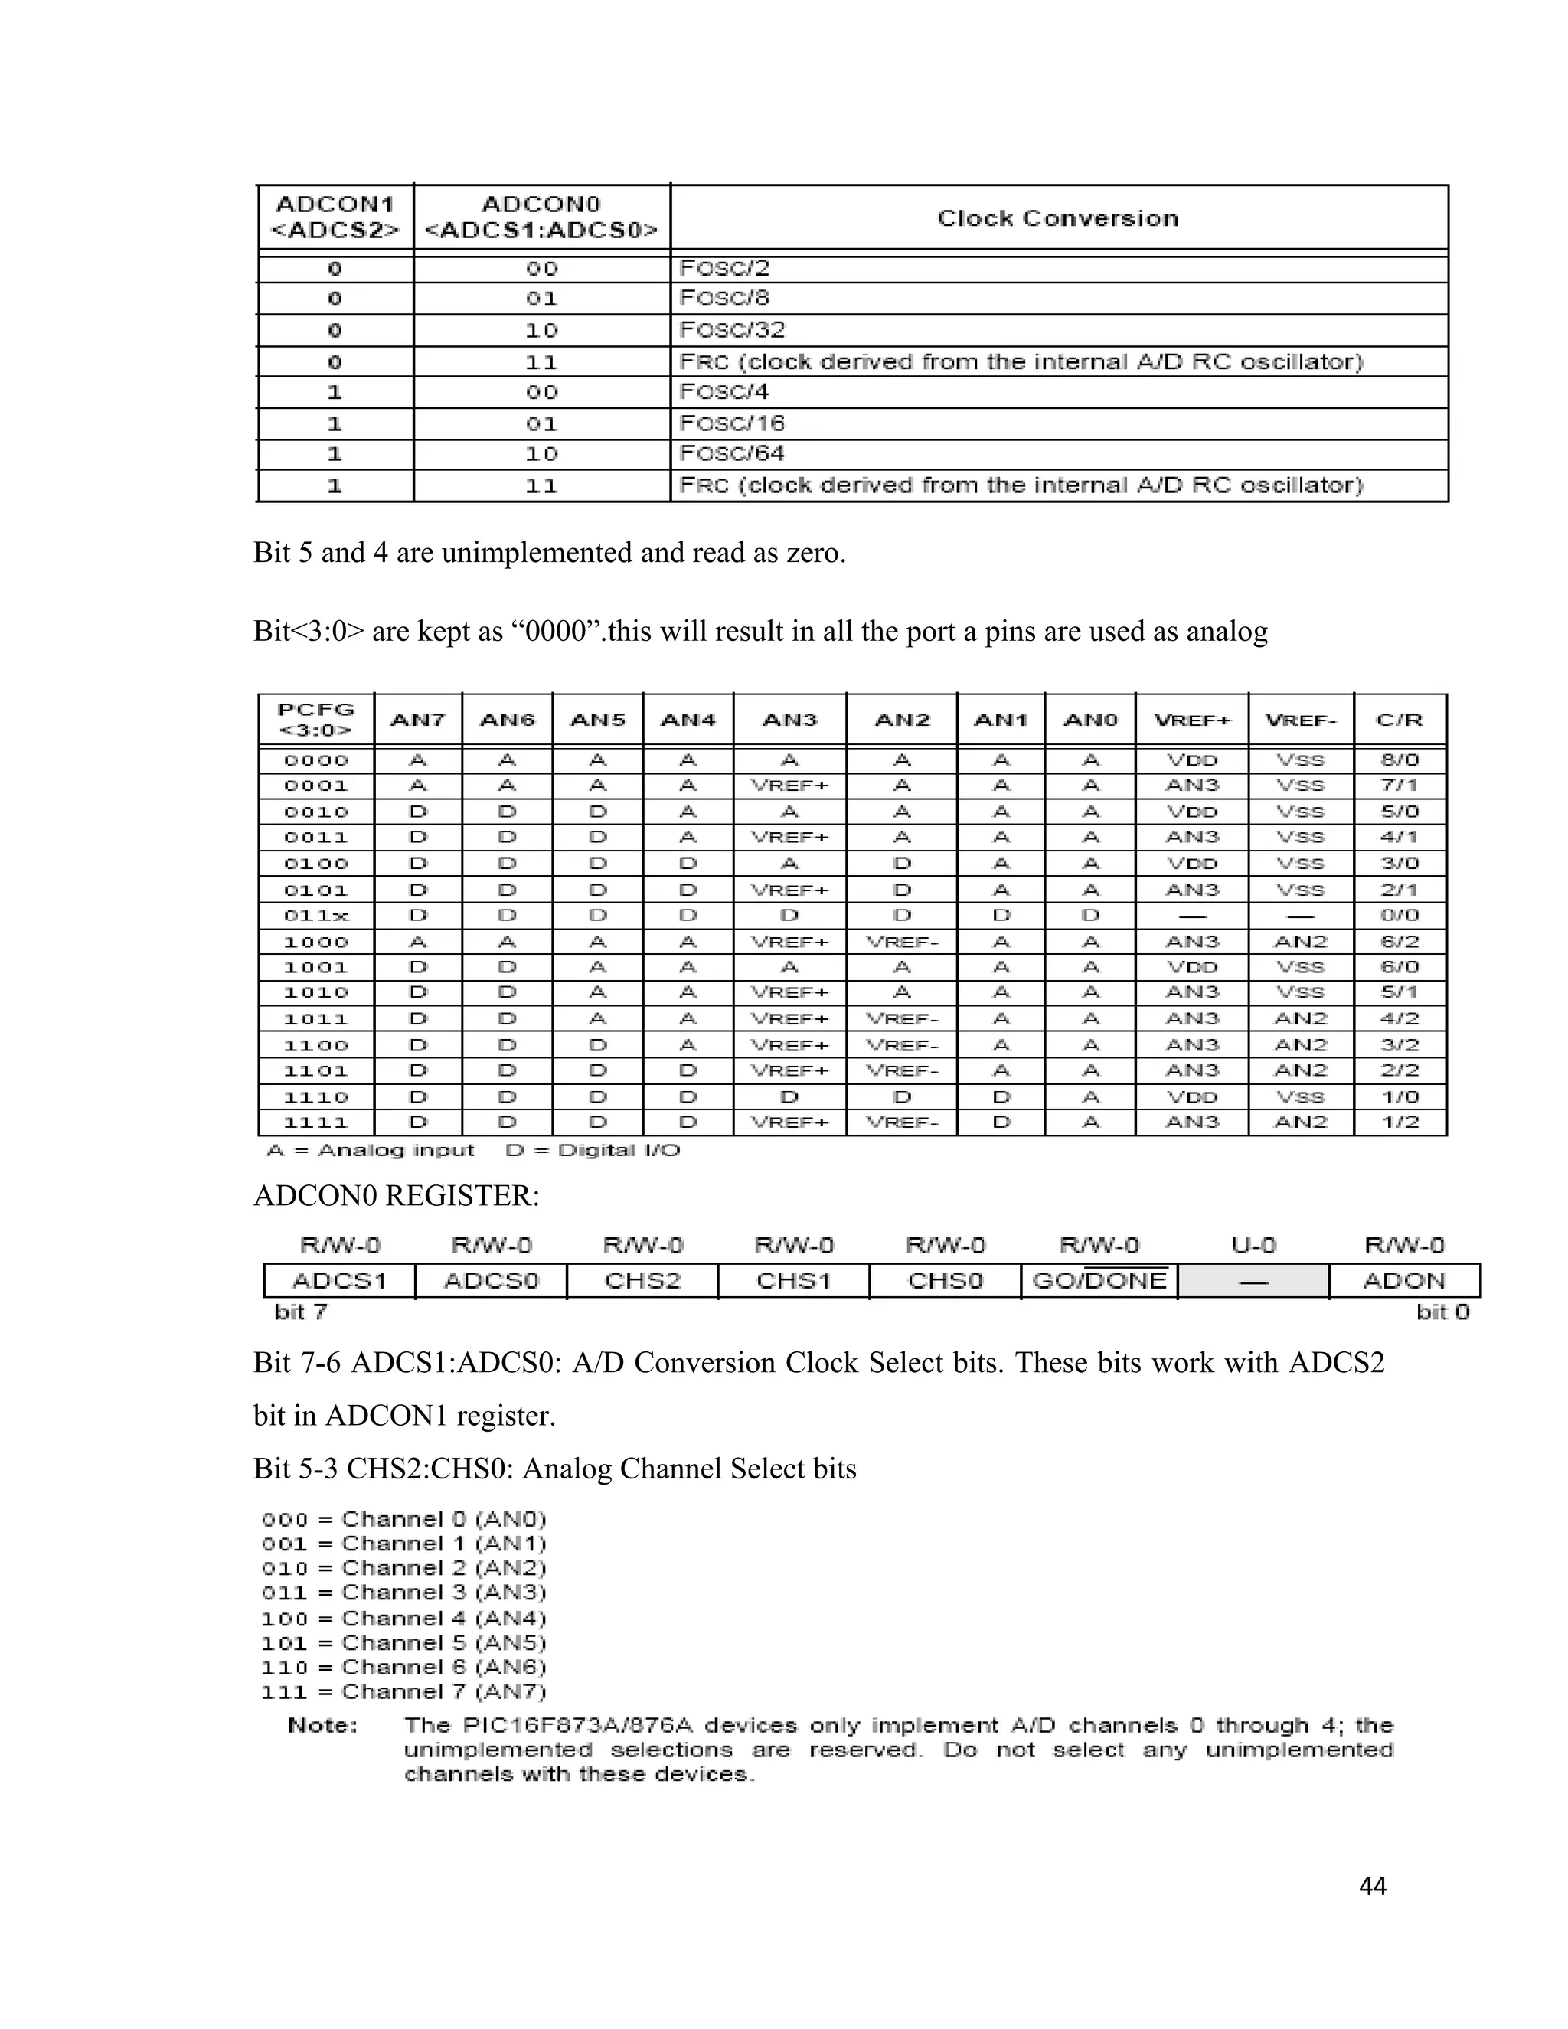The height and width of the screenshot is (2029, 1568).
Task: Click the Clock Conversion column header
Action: click(1057, 218)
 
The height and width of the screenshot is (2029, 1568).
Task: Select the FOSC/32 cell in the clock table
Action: click(732, 330)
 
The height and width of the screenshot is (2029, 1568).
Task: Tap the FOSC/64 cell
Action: click(732, 453)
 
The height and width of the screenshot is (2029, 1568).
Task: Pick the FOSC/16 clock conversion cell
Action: click(732, 423)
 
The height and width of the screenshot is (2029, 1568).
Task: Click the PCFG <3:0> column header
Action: click(316, 719)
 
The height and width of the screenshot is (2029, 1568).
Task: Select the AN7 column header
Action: click(417, 720)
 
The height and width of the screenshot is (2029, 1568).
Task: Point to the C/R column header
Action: click(1399, 720)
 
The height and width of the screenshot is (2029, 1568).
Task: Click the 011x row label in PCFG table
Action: click(316, 916)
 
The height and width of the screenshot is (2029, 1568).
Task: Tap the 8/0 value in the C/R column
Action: click(1399, 760)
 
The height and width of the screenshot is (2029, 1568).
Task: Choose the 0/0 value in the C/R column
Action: click(1399, 916)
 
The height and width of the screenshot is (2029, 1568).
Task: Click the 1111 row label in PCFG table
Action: click(316, 1122)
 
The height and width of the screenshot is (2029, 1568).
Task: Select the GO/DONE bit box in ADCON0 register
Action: click(1099, 1281)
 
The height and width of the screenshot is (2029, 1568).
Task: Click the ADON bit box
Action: click(1403, 1281)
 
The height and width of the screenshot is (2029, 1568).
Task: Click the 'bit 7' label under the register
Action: click(300, 1312)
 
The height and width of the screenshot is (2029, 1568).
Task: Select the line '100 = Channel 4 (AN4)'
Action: click(403, 1619)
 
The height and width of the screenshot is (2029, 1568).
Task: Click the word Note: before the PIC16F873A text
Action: click(322, 1725)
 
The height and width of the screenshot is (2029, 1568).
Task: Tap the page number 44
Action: click(1372, 1886)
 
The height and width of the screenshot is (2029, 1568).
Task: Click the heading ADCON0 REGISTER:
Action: click(396, 1196)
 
